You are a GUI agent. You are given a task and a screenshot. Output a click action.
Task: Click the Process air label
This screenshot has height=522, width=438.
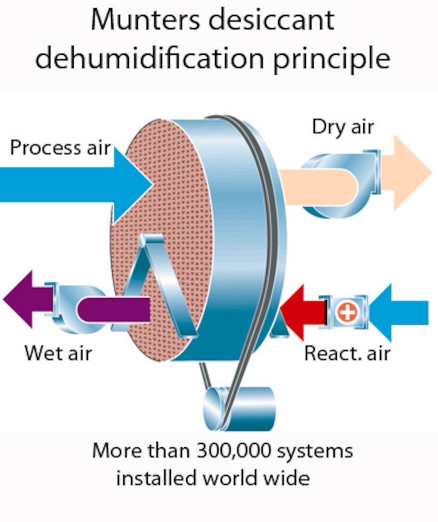[61, 148]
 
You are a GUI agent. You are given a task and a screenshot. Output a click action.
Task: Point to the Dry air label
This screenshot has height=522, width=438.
[343, 126]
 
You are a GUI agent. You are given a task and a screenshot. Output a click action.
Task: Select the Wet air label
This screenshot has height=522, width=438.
[58, 353]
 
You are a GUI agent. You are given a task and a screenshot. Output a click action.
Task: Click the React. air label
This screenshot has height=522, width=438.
[347, 353]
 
